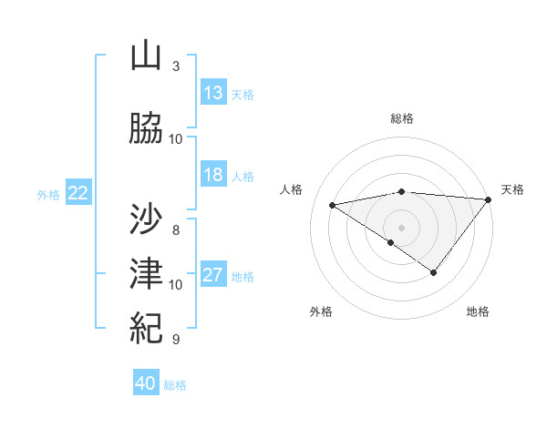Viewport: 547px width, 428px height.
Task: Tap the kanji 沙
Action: click(x=147, y=218)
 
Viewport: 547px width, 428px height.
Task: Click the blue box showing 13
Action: click(x=213, y=93)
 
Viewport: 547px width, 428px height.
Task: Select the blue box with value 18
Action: click(x=213, y=176)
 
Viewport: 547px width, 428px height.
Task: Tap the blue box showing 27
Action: click(x=213, y=276)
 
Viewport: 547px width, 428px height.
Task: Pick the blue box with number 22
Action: click(x=78, y=193)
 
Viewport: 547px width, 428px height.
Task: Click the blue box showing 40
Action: click(x=146, y=383)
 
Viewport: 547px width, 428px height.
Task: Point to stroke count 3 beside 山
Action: click(x=176, y=66)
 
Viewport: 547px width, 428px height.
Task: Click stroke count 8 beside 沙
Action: click(x=176, y=229)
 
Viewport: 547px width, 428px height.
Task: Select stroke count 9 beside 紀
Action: click(x=176, y=340)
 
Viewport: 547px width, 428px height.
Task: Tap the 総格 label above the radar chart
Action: click(x=402, y=118)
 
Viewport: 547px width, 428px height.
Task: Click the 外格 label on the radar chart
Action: click(x=321, y=311)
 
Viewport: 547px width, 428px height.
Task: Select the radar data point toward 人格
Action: click(x=332, y=204)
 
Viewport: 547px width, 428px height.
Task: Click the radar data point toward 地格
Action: click(x=434, y=272)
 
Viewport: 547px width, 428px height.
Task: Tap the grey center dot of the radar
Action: click(x=401, y=226)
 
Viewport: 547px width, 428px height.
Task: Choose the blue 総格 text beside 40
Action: click(x=175, y=385)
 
